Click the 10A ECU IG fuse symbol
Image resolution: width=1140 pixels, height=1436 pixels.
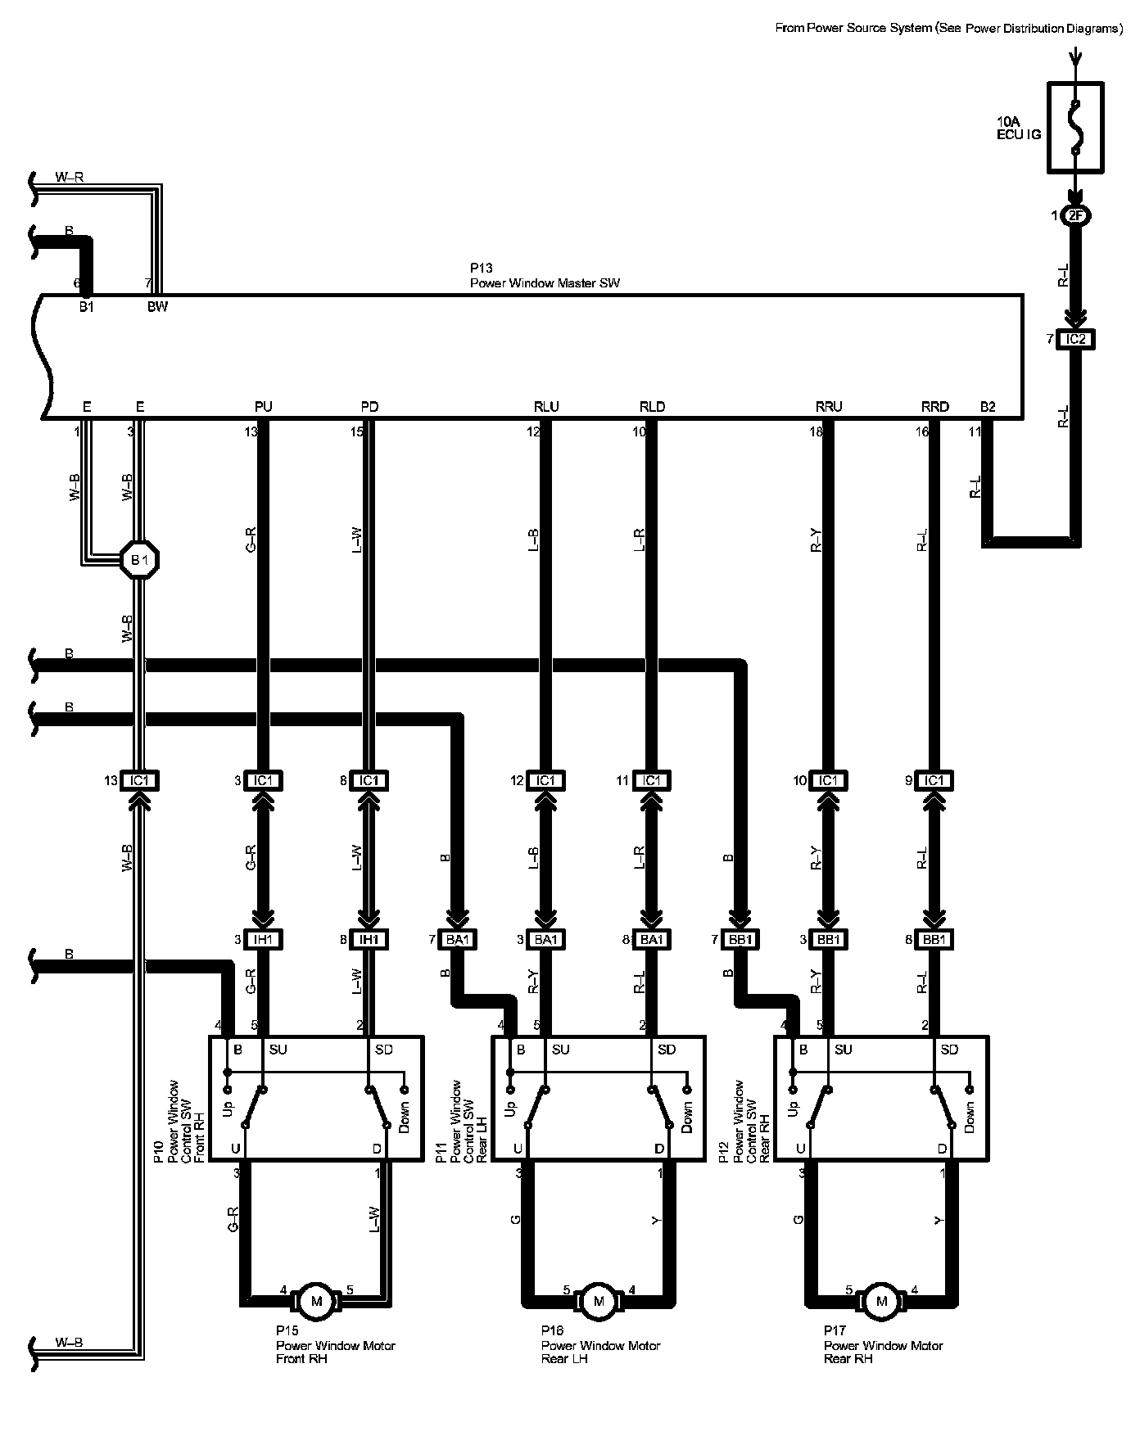(1075, 127)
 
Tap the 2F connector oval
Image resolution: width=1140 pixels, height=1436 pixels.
(1075, 216)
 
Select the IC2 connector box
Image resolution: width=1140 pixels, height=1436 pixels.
(1075, 339)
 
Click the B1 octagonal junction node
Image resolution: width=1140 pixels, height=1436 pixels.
(139, 561)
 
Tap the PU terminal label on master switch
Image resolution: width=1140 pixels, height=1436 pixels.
(264, 407)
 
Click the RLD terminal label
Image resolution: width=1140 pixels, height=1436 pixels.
(652, 407)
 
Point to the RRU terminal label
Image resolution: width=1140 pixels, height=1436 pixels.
(829, 407)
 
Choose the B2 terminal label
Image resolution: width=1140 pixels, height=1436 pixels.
(988, 407)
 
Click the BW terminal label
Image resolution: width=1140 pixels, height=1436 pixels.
(157, 307)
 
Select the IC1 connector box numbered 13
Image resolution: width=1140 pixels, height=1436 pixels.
(139, 781)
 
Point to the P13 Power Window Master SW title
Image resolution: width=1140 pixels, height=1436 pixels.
(545, 276)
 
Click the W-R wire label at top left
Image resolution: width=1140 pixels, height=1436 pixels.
(69, 177)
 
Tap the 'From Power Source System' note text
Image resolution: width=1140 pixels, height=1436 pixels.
(948, 29)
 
